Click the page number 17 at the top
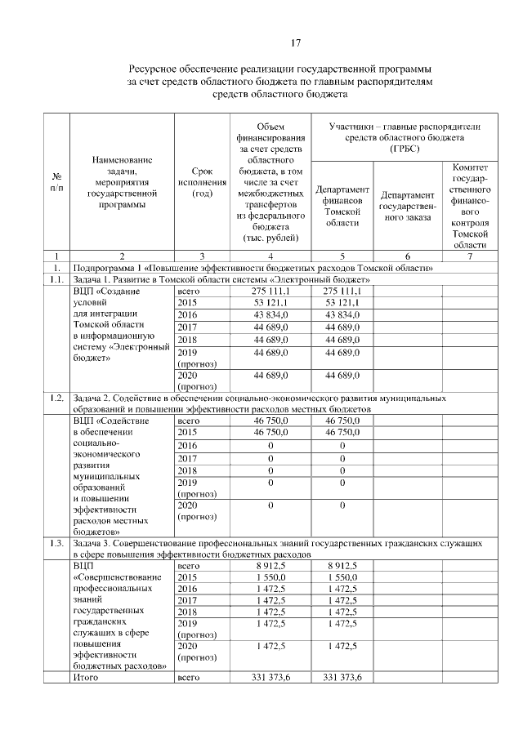298,42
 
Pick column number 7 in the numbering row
469,256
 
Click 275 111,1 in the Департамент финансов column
342,291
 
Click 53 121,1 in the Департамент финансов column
342,303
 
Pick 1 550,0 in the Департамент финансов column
342,577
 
